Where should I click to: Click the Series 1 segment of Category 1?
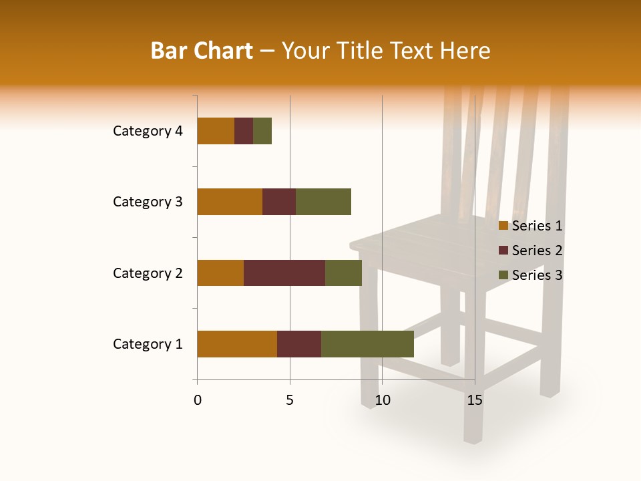(x=237, y=344)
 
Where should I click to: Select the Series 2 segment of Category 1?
(x=299, y=344)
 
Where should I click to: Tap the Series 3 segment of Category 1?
(x=367, y=344)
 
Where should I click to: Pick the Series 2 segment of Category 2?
(x=284, y=273)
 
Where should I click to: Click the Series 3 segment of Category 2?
(x=343, y=273)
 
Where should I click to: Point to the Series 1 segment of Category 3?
(x=230, y=202)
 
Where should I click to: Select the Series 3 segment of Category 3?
(x=323, y=202)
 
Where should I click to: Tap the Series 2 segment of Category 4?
(x=244, y=131)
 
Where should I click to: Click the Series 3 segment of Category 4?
(x=262, y=131)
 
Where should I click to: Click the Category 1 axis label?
(x=148, y=344)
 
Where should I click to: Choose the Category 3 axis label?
(x=148, y=202)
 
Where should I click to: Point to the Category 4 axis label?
(x=148, y=131)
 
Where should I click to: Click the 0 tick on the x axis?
(x=198, y=400)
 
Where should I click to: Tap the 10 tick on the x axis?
(x=382, y=400)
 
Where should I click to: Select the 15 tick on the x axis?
(x=474, y=400)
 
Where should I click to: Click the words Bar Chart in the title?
(x=202, y=51)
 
